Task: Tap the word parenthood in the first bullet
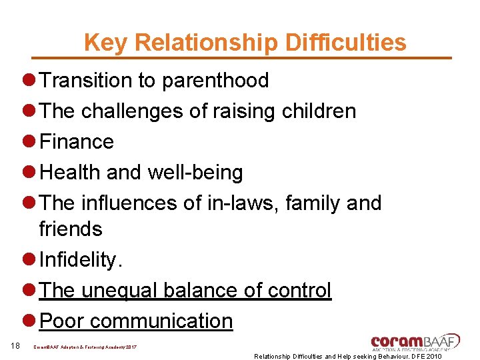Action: [215, 81]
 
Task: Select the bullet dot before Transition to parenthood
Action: [29, 81]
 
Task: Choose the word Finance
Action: [77, 142]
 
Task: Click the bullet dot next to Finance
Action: [29, 142]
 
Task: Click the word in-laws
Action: [244, 203]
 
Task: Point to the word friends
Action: [71, 229]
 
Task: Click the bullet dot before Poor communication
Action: [29, 321]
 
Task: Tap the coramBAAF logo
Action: [415, 341]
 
